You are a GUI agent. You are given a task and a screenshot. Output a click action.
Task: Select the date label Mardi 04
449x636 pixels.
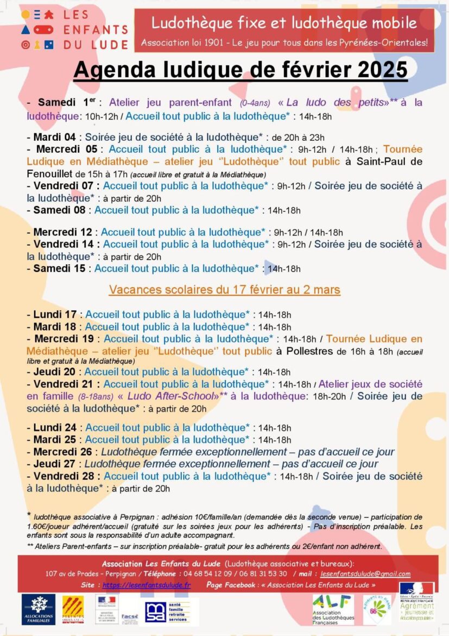[54, 137]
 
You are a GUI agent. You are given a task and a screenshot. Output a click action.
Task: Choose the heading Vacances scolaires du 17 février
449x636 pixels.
[224, 290]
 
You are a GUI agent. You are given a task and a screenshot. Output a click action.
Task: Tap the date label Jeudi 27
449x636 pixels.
[54, 464]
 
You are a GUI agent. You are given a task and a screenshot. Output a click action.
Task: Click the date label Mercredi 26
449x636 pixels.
[62, 452]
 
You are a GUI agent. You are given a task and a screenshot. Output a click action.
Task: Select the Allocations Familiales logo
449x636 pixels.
[38, 609]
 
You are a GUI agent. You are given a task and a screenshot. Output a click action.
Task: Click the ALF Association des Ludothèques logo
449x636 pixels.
[333, 609]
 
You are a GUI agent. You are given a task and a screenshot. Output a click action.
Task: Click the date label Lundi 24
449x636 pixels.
[55, 428]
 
